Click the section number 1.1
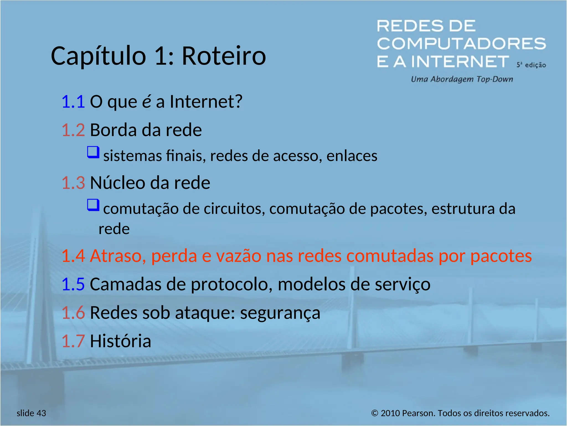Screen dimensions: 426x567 [73, 102]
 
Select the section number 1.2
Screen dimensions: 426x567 [73, 130]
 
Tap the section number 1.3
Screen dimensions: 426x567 [73, 183]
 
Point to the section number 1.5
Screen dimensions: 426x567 [73, 284]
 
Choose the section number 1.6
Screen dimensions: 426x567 [73, 313]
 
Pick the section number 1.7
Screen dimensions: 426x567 [73, 341]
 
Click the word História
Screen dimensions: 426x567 [120, 341]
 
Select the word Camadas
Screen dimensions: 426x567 [125, 284]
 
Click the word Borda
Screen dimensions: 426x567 [113, 130]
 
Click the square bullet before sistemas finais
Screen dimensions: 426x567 [93, 152]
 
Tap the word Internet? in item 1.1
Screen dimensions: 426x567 [206, 102]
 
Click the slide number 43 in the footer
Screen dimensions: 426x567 [41, 413]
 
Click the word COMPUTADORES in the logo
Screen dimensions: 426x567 [461, 44]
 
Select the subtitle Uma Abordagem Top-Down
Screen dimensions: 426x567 [462, 79]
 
